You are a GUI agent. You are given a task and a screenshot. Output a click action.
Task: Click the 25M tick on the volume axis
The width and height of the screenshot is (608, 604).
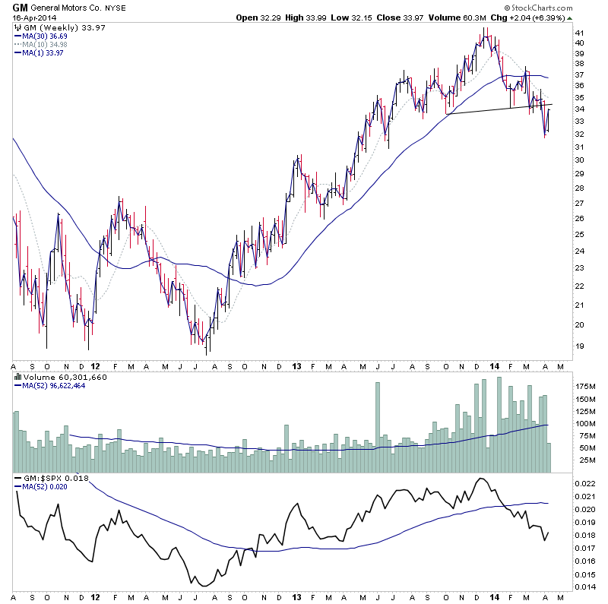(584, 460)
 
